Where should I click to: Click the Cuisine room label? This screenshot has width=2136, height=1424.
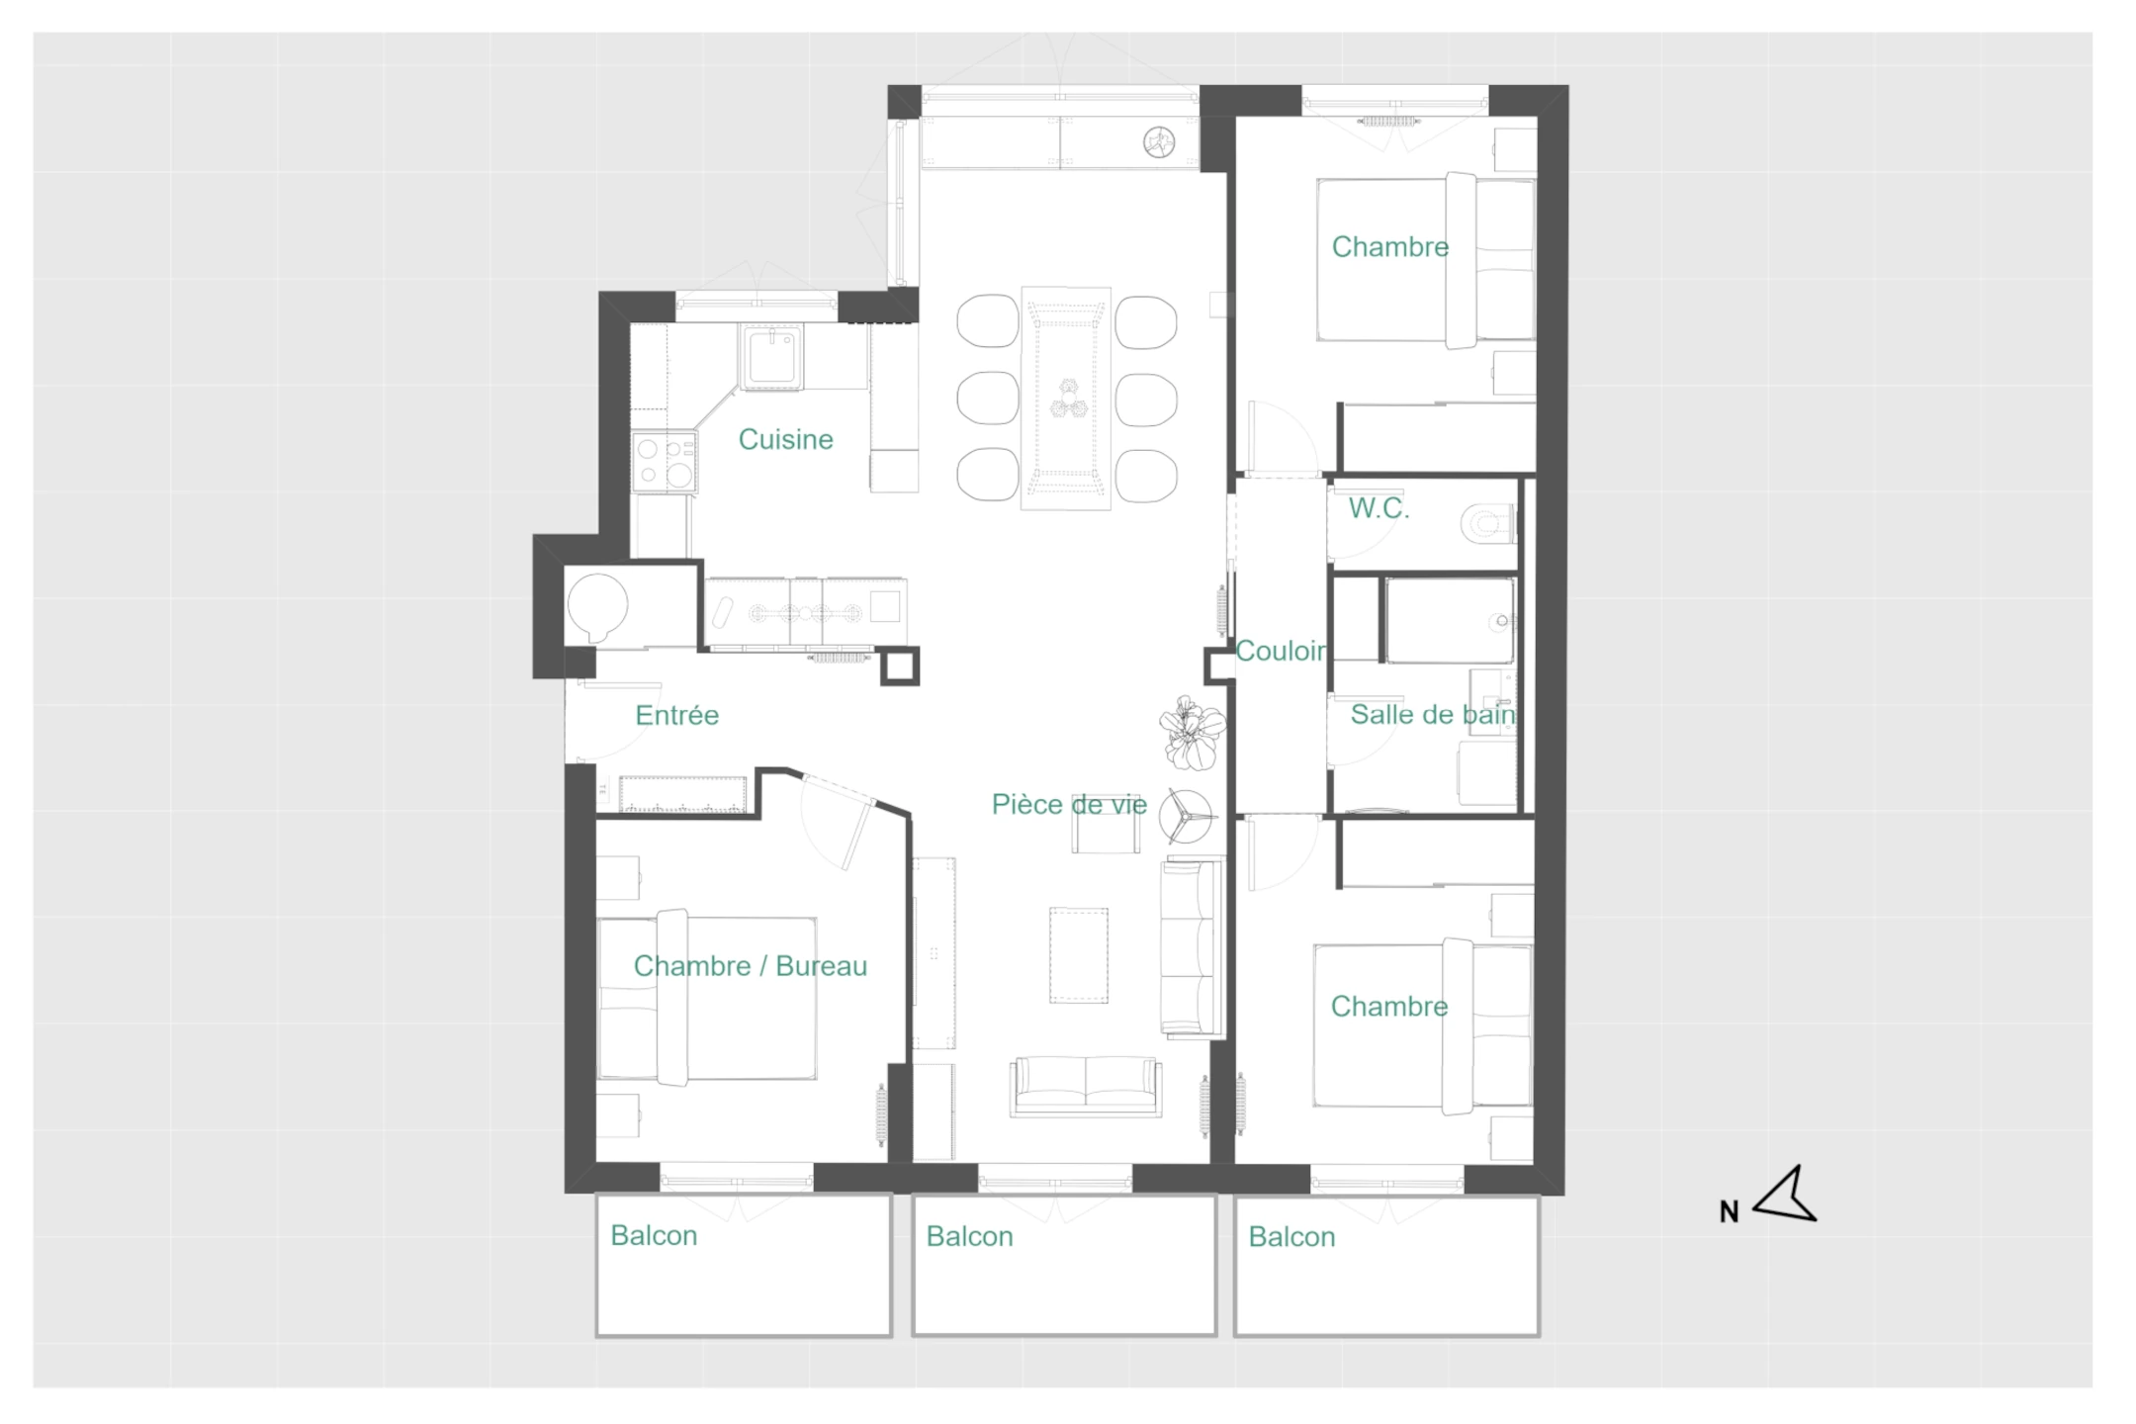(785, 439)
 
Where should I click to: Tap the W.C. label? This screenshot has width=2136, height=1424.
(1379, 508)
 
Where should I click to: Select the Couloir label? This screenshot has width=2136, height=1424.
(1282, 651)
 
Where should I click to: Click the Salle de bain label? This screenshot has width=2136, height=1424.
(1433, 714)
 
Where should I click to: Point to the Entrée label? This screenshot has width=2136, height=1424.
(676, 715)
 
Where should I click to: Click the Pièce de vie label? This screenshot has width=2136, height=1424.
(1069, 804)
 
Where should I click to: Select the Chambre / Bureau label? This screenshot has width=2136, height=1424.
(750, 966)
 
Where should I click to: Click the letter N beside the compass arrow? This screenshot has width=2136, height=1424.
(1729, 1211)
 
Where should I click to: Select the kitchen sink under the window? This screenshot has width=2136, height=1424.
(771, 357)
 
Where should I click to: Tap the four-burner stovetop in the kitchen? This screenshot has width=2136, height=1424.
(665, 462)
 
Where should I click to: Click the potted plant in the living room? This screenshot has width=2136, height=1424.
(1193, 732)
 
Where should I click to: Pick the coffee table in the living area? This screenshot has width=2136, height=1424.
(1078, 955)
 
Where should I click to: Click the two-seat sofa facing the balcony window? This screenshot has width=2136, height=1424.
(1086, 1087)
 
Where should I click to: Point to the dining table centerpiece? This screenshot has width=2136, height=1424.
(1066, 398)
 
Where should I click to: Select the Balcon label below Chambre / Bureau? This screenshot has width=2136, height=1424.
(654, 1235)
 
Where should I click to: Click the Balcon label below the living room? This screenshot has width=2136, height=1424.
(969, 1236)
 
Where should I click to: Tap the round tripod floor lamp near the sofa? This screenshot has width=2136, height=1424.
(1190, 816)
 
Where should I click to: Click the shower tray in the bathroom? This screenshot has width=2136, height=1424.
(1450, 621)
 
